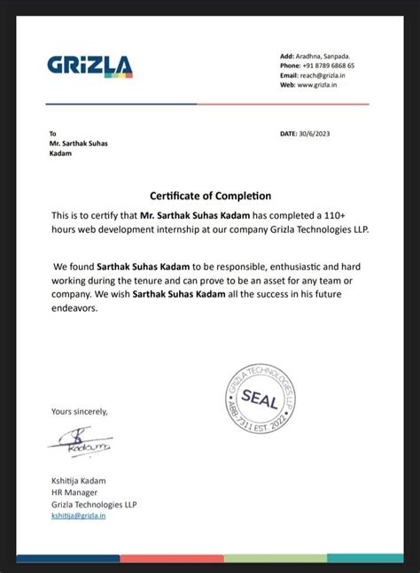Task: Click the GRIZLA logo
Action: coord(89,66)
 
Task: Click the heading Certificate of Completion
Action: coord(210,196)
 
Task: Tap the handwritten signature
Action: coord(81,442)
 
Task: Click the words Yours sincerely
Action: coord(79,411)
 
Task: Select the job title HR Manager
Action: coord(74,492)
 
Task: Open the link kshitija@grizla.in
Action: coord(78,515)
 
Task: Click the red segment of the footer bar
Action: coord(172,559)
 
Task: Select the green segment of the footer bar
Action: coord(276,559)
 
